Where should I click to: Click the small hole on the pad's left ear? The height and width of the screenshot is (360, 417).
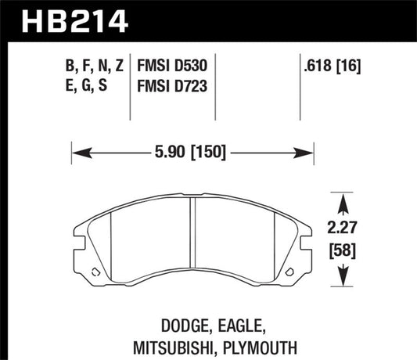tap(95, 272)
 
